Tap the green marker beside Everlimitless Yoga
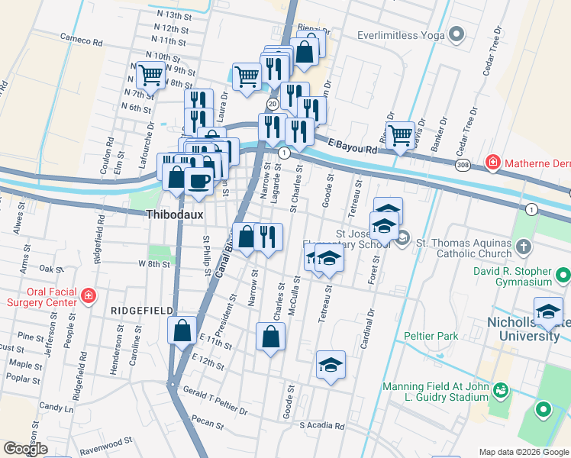456,34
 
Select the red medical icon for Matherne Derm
493,163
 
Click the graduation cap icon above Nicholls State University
548,311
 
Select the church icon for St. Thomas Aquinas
523,247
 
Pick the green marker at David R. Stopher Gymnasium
563,274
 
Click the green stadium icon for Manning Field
500,390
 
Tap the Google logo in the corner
25,449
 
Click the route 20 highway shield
272,104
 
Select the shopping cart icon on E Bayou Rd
400,136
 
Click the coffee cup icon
198,182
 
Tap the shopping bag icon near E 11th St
182,331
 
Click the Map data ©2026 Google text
523,451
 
